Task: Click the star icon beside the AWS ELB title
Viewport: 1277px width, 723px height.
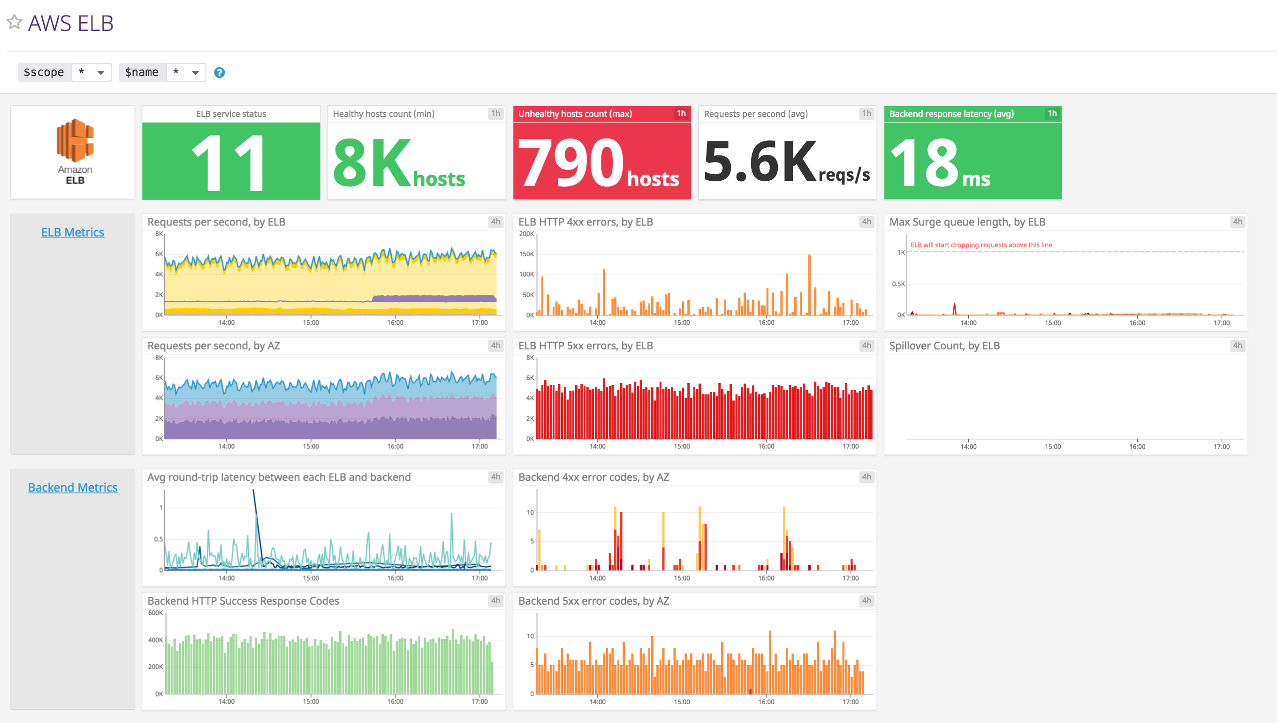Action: click(x=15, y=22)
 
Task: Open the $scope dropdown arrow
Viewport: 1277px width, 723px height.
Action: click(x=101, y=72)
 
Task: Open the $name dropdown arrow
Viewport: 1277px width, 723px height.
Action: click(x=196, y=72)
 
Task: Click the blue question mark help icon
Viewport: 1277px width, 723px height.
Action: click(x=219, y=72)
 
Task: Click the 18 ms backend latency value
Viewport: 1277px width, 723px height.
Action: click(x=924, y=162)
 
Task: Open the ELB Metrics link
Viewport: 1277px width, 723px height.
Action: click(x=72, y=232)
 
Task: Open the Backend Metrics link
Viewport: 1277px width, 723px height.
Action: click(x=72, y=488)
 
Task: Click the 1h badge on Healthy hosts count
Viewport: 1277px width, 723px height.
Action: click(x=495, y=113)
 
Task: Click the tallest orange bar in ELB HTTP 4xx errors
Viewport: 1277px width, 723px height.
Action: click(x=809, y=283)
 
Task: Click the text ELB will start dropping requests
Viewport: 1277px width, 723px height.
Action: click(x=981, y=245)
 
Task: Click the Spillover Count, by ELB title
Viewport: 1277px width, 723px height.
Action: click(x=944, y=346)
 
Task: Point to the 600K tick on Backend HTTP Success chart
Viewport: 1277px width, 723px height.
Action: click(x=155, y=613)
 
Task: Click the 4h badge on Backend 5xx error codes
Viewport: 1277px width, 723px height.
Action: click(x=866, y=600)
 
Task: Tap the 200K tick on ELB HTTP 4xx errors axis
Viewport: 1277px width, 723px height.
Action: click(x=526, y=234)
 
